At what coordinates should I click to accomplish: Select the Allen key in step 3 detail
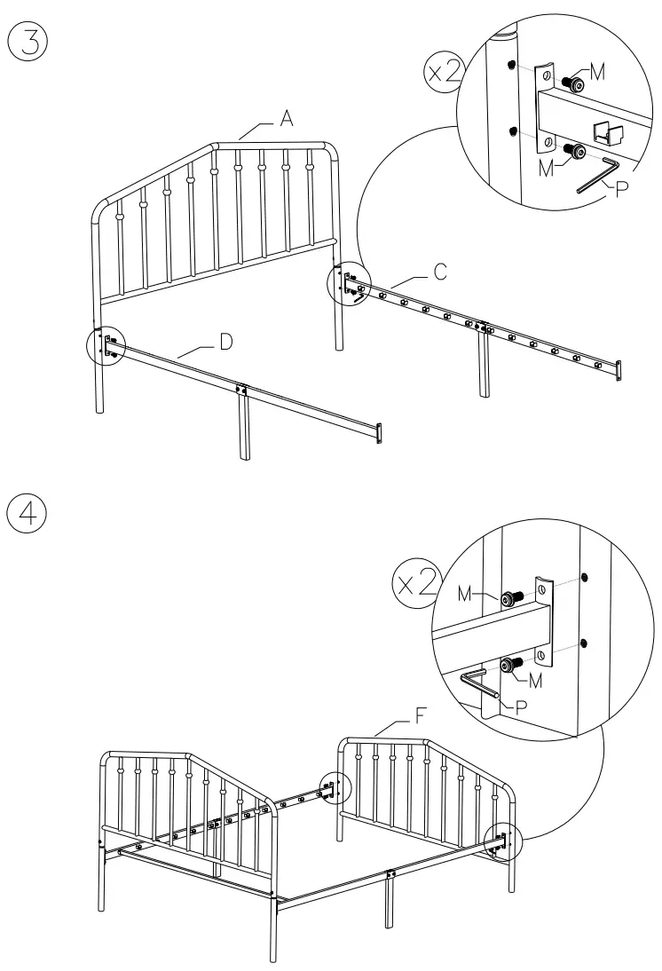click(x=598, y=174)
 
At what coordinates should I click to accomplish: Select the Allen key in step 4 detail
click(x=479, y=686)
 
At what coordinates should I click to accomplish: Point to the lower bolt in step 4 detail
click(x=510, y=664)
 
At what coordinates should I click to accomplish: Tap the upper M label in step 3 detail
click(x=599, y=75)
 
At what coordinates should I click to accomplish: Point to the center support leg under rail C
click(x=484, y=364)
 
